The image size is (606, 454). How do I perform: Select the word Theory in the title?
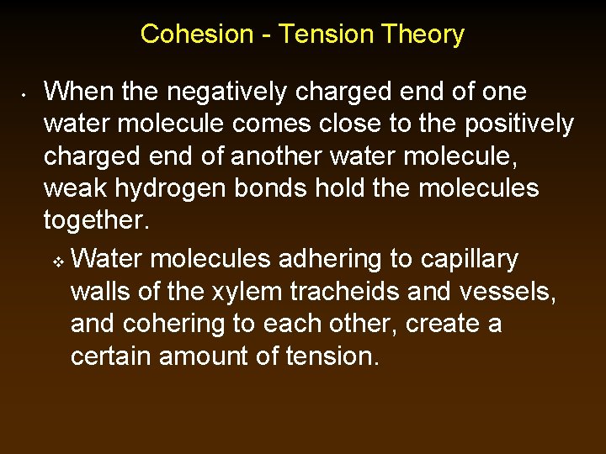[x=423, y=34]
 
